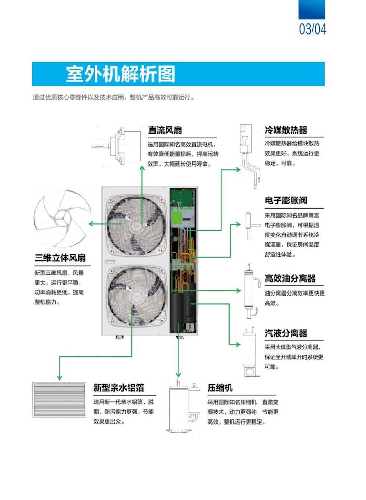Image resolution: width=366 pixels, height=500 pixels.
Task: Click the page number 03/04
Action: click(312, 29)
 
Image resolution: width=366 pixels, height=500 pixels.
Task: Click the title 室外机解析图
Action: click(120, 74)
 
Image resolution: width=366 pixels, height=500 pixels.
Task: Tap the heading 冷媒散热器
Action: click(286, 130)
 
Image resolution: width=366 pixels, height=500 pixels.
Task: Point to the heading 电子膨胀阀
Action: click(286, 201)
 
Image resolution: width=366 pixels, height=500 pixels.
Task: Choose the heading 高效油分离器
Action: click(290, 279)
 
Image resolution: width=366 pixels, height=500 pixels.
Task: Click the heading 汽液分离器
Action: click(286, 333)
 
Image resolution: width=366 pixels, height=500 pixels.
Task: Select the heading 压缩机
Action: click(220, 388)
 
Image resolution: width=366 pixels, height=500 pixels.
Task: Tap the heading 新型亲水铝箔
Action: click(118, 388)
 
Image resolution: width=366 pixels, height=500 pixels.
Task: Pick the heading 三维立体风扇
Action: click(60, 258)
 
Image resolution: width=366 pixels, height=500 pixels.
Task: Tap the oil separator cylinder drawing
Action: click(249, 290)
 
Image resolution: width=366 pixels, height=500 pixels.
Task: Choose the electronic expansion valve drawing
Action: click(248, 224)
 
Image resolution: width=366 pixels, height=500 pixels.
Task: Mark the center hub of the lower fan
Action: click(136, 300)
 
